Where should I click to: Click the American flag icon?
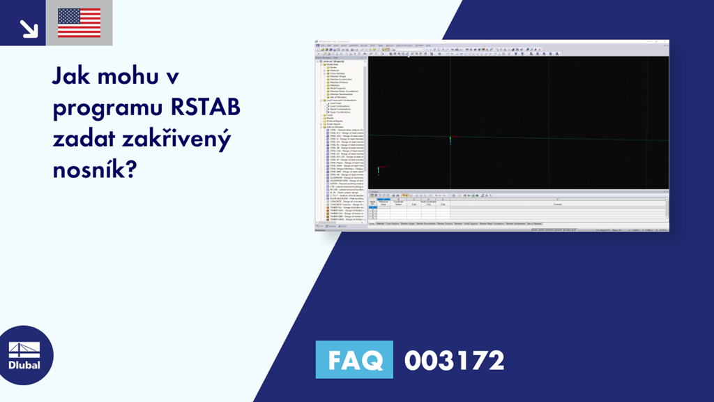79,23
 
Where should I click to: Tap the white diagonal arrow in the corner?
29,28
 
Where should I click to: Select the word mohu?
131,77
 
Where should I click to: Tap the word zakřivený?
184,139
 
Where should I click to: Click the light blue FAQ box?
354,360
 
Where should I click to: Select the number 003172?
454,361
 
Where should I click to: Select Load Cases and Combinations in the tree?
342,100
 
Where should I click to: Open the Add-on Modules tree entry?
333,126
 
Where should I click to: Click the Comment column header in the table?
557,204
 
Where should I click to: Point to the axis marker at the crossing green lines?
450,140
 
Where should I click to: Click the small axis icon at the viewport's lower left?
379,170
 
